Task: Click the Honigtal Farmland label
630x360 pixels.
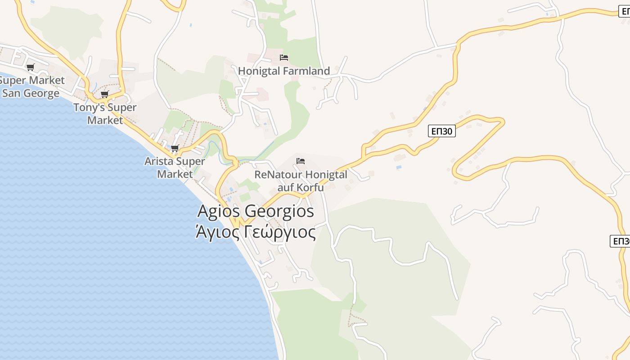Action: [x=283, y=71]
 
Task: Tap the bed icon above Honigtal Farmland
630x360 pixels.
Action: [x=283, y=58]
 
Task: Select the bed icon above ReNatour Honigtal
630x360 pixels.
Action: [x=301, y=161]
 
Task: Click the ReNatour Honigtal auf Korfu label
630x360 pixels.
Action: [x=301, y=180]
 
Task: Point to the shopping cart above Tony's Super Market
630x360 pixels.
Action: [x=104, y=94]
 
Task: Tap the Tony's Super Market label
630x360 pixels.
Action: [x=105, y=114]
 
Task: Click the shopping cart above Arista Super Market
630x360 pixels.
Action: [x=175, y=148]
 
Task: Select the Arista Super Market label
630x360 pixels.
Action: [x=175, y=167]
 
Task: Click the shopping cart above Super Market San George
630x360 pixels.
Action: [x=30, y=67]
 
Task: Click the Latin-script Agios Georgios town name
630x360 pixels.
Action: [x=256, y=211]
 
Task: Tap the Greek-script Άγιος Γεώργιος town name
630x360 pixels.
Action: [x=256, y=233]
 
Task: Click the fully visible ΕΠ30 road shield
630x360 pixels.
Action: [x=441, y=131]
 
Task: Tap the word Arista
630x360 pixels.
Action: [x=158, y=161]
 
